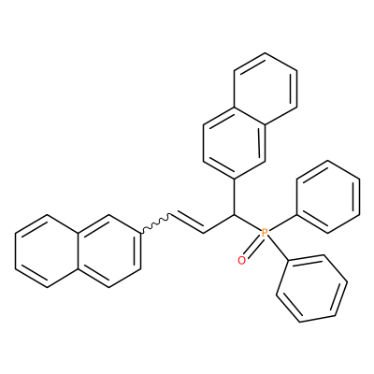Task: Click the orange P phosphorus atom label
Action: [x=265, y=232]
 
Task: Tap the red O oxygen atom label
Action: [x=241, y=261]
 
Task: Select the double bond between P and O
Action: [x=253, y=247]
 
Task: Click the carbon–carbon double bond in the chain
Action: [x=187, y=222]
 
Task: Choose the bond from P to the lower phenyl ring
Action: [x=278, y=250]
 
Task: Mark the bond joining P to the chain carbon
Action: [x=247, y=223]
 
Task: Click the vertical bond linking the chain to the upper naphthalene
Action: [x=234, y=197]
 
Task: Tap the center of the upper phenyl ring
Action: [x=327, y=196]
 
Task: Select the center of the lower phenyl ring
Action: [x=312, y=289]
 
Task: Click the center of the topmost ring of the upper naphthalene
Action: [x=265, y=89]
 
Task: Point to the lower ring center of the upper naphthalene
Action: [x=234, y=143]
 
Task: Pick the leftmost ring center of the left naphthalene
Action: [x=47, y=251]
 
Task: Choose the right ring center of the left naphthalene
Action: [x=109, y=251]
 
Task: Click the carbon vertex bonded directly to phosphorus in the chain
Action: [x=234, y=215]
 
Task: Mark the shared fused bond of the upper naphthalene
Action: [x=250, y=116]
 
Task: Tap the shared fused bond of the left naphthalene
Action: [x=78, y=251]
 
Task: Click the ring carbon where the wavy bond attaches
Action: [x=140, y=233]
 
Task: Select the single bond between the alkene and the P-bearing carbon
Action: [x=219, y=223]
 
